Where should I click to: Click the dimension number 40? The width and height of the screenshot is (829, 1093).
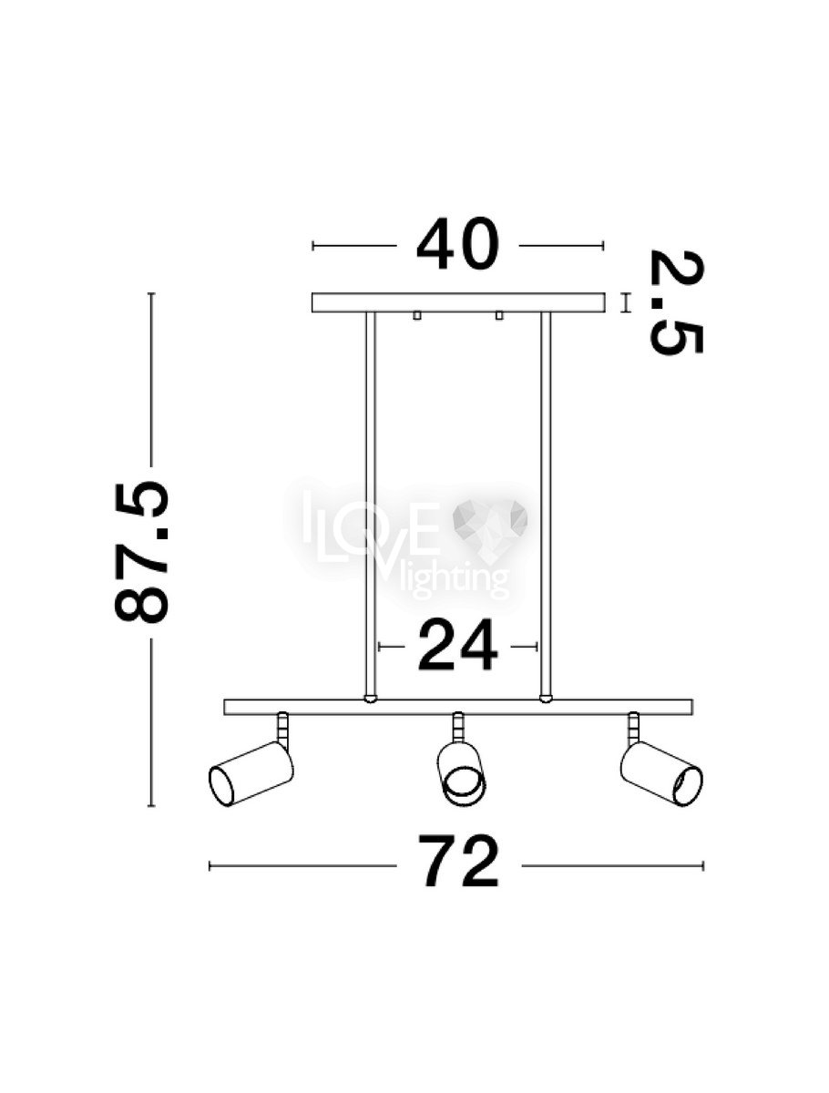click(457, 244)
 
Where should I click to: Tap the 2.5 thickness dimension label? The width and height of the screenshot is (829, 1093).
click(677, 301)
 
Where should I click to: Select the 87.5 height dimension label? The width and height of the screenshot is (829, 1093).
click(142, 552)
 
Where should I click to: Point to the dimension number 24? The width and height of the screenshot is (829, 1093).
click(457, 646)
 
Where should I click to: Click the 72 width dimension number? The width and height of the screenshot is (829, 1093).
click(457, 865)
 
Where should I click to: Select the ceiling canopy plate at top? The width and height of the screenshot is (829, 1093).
click(458, 302)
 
